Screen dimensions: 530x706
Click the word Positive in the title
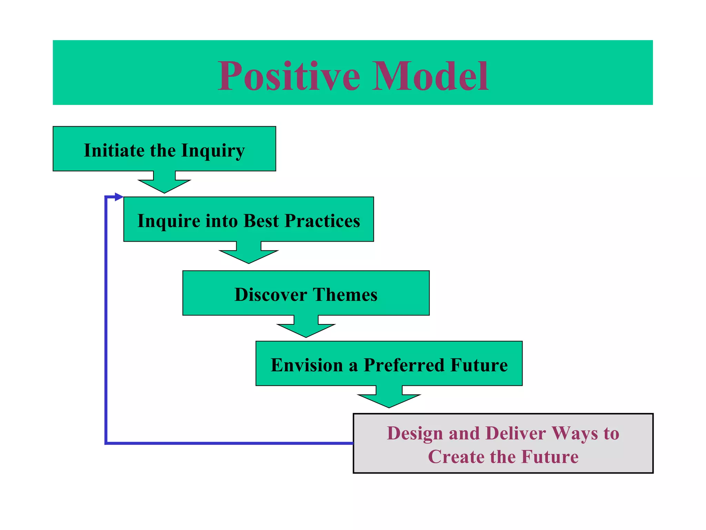[289, 76]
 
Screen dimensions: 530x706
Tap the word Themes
[345, 295]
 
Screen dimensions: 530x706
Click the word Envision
[306, 365]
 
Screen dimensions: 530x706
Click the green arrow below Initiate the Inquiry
[164, 183]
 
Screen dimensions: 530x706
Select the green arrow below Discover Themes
[306, 327]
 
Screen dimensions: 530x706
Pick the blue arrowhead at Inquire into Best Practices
[119, 197]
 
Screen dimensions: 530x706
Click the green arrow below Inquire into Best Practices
[249, 254]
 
